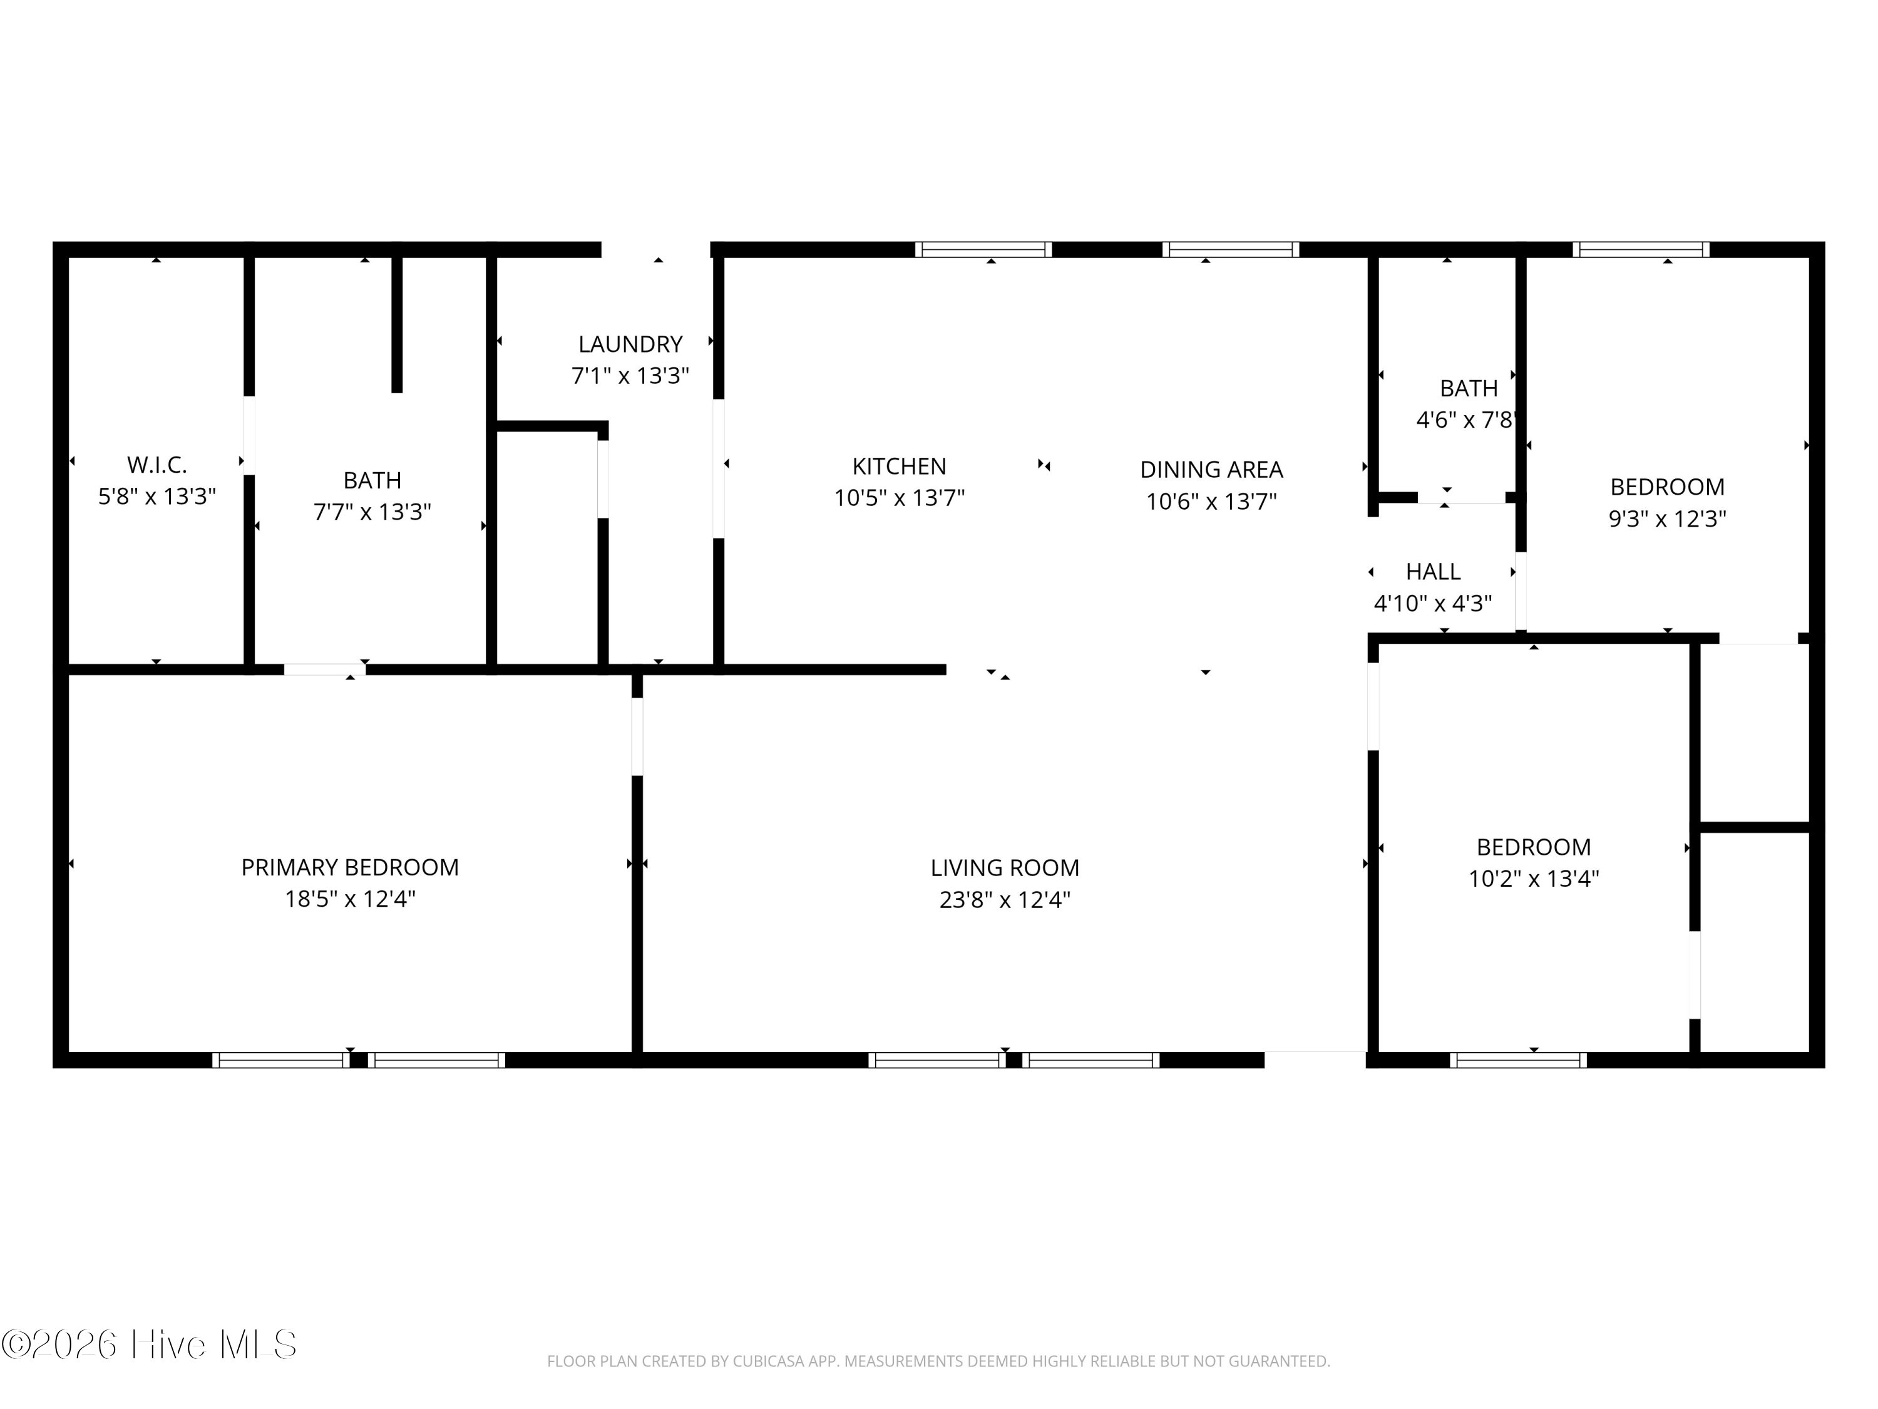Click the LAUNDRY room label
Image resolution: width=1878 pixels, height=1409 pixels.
tap(630, 344)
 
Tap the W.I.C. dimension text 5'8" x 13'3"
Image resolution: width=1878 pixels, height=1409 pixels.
tap(157, 497)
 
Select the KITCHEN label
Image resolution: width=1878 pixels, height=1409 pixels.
tap(898, 467)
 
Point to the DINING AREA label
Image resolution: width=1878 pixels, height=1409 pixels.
tap(1211, 470)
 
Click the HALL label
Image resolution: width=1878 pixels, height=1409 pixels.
tap(1433, 572)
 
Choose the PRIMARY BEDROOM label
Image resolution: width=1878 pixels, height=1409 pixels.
tap(350, 867)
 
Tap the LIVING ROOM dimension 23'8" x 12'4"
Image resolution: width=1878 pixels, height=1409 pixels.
tap(1004, 899)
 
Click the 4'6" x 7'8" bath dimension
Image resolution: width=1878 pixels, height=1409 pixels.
tap(1466, 420)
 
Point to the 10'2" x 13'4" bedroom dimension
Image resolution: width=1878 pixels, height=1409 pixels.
tap(1533, 878)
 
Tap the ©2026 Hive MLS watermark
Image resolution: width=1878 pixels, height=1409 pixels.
tap(150, 1344)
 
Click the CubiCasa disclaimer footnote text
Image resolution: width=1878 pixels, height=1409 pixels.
tap(938, 1361)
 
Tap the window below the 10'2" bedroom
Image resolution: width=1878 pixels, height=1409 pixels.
tap(1518, 1060)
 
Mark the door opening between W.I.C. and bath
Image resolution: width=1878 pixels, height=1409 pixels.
tap(249, 435)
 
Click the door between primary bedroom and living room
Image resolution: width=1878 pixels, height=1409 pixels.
tap(637, 736)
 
